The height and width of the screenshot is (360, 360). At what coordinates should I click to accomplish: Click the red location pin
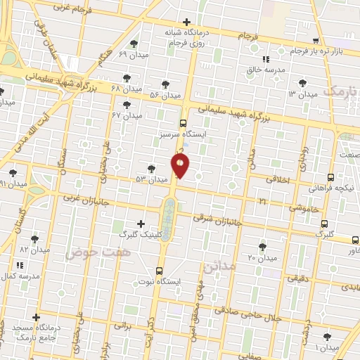180,165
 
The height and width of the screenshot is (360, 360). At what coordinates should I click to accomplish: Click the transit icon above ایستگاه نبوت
160,270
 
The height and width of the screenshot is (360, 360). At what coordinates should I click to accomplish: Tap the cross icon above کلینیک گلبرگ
141,224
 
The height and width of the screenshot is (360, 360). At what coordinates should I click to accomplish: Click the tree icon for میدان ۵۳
151,169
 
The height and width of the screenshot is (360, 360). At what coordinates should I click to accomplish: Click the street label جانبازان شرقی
217,220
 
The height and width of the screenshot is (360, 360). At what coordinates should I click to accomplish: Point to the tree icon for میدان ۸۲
34,239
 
